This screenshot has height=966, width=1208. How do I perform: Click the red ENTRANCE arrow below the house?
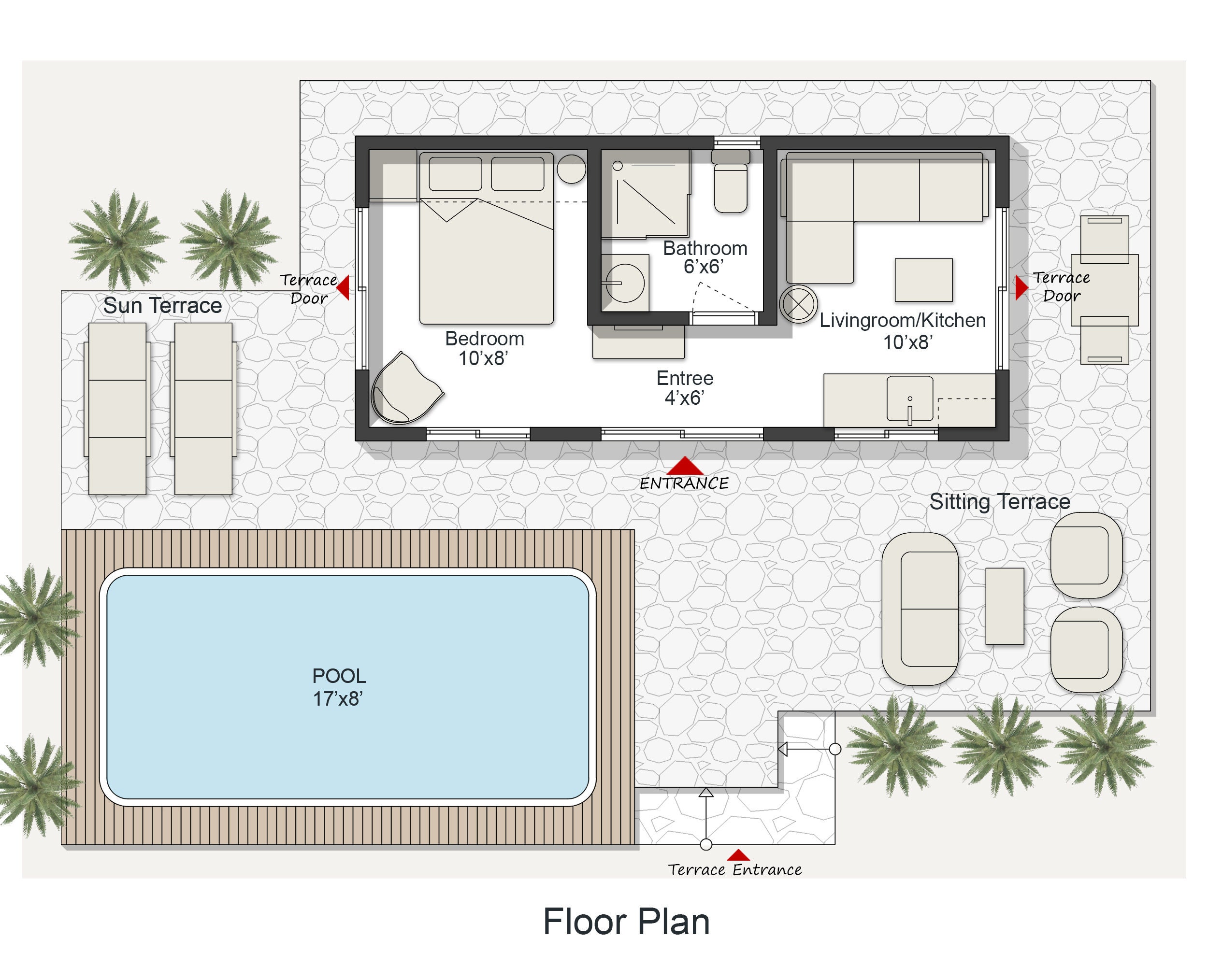pos(684,466)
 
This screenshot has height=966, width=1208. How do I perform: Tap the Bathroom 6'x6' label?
pos(705,257)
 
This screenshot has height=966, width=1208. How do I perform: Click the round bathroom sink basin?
pos(625,284)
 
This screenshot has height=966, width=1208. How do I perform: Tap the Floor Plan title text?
pos(626,922)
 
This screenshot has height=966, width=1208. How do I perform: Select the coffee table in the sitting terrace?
pos(1004,606)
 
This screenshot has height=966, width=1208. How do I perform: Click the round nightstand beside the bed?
pos(571,169)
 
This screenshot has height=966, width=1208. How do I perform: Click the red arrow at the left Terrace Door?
pos(344,287)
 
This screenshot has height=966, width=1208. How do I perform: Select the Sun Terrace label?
pos(162,306)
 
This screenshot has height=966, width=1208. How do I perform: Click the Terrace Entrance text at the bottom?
pos(734,870)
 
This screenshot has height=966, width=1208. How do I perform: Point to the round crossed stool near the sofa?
pos(798,304)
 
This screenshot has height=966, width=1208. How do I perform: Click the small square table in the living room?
pos(923,280)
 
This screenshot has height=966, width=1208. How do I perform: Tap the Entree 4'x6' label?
pos(684,387)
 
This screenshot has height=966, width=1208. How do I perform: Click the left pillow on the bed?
pos(455,173)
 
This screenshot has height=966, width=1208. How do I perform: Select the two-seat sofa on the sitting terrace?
pos(920,609)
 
